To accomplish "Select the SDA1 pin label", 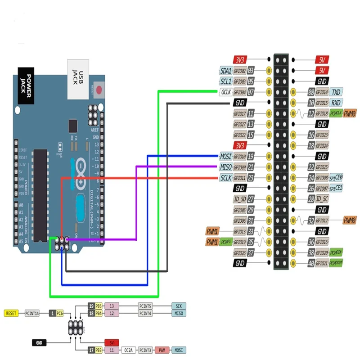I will pos(225,71).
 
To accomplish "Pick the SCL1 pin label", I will pos(225,82).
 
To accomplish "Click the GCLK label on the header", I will pos(225,92).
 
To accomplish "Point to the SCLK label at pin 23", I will pos(225,178).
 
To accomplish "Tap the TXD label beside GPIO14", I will pos(336,92).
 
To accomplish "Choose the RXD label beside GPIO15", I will pos(336,103).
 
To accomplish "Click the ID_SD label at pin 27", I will pos(240,199).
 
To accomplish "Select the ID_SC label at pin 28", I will pos(322,199).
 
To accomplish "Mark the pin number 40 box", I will pos(310,263).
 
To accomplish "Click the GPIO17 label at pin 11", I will pos(239,114).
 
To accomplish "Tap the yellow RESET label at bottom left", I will pos(11,313).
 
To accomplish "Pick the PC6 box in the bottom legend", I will pos(60,313).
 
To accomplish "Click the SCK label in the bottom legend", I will pos(178,306).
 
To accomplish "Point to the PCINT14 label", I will pos(32,313).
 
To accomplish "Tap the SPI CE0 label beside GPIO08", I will pos(336,178).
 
